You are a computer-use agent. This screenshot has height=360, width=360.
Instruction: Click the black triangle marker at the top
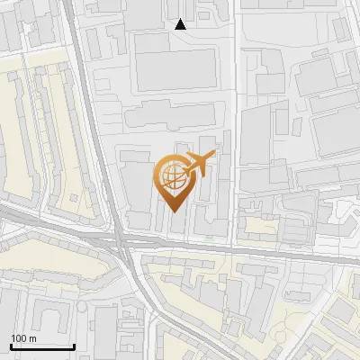181,24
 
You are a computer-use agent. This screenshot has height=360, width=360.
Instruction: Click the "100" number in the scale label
19,338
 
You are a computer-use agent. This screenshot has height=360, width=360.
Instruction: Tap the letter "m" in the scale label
32,338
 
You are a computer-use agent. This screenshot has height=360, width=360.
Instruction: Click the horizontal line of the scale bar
42,346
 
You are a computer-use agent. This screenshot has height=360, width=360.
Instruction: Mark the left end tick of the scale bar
11,345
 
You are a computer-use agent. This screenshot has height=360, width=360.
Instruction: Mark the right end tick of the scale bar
74,345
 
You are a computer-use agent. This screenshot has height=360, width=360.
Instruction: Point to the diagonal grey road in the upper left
85,81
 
